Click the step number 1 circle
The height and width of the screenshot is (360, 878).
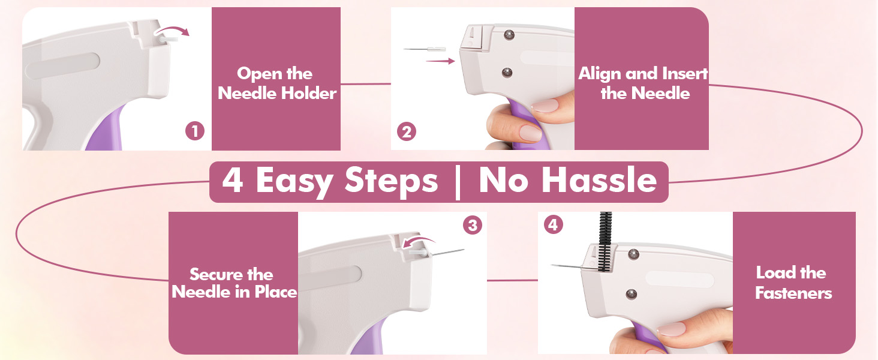click(x=195, y=131)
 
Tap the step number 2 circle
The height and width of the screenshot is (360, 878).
click(x=407, y=132)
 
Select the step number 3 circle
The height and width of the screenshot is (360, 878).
click(x=473, y=225)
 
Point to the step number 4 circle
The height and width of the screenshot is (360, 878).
click(x=553, y=225)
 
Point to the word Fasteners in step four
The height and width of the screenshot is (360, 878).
click(x=793, y=293)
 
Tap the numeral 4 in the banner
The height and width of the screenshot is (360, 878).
click(x=233, y=180)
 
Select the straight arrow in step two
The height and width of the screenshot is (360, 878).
click(x=440, y=61)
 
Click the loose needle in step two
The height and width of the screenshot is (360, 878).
click(x=425, y=49)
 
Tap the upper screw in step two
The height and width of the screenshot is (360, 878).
click(x=509, y=35)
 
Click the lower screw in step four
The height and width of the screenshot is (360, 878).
click(x=631, y=294)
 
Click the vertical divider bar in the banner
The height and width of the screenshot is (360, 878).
click(x=457, y=182)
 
